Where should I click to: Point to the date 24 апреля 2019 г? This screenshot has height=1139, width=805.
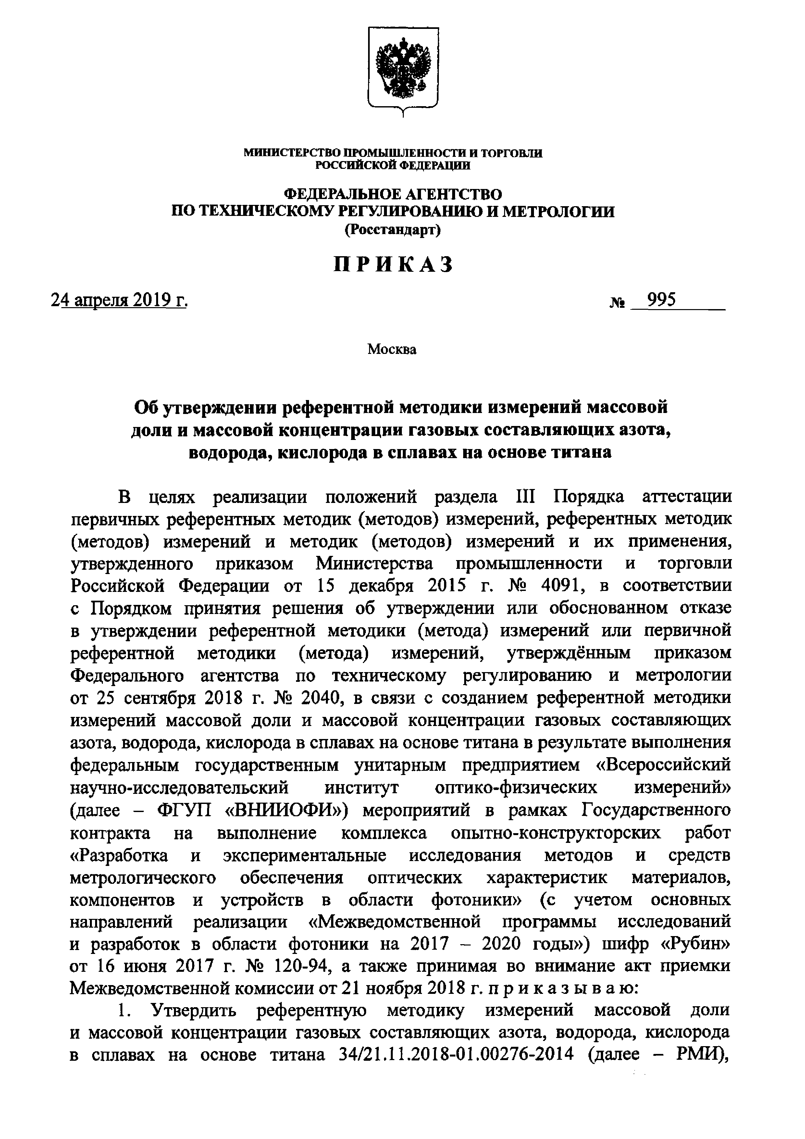pyautogui.click(x=119, y=300)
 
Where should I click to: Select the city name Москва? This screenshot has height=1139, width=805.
pyautogui.click(x=392, y=349)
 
